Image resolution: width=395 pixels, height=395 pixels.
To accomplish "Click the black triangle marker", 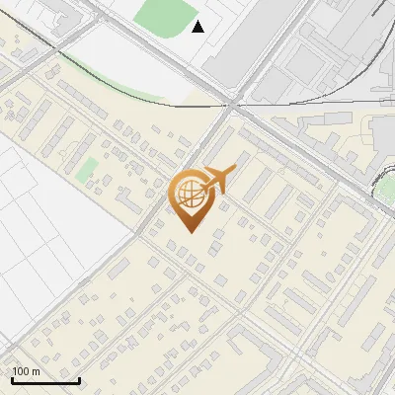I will [x=198, y=27].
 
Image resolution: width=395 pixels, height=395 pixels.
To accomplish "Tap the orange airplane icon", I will [x=220, y=179].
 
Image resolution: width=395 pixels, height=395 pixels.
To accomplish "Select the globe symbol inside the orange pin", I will [x=191, y=193].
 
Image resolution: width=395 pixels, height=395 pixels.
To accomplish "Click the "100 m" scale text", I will [x=27, y=370].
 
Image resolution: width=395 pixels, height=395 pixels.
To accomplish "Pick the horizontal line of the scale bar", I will [x=45, y=380].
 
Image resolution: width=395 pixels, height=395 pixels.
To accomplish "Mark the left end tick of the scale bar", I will [x=12, y=379].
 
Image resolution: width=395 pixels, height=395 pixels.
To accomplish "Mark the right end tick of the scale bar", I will [x=79, y=379].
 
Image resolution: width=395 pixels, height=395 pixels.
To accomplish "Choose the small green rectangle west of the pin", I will [x=88, y=169].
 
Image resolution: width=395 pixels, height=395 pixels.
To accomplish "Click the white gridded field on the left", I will [x=49, y=217].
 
